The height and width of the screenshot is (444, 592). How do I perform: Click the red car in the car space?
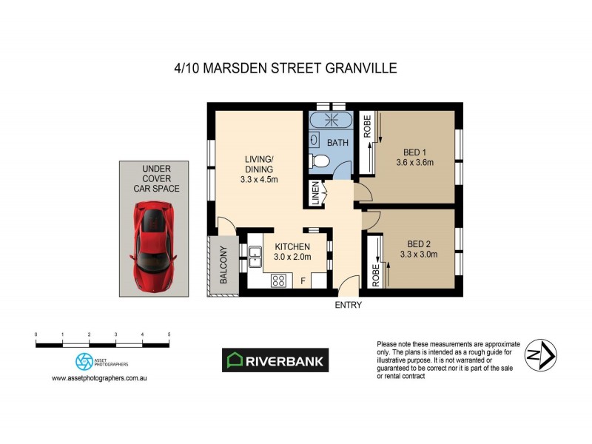(155, 246)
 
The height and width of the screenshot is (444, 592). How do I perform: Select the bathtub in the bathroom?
(331, 121)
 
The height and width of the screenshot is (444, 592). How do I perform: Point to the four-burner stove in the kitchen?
(279, 280)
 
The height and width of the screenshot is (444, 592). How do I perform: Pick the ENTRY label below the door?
(348, 305)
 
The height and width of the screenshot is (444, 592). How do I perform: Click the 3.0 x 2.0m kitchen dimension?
(292, 257)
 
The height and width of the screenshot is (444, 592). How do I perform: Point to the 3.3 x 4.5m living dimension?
(259, 178)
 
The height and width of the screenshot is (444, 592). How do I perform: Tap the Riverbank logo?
(275, 360)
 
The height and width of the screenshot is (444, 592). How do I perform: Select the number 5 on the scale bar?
(169, 335)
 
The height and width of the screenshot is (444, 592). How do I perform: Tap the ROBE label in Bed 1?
(366, 125)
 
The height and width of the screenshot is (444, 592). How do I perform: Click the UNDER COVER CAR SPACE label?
(156, 178)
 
